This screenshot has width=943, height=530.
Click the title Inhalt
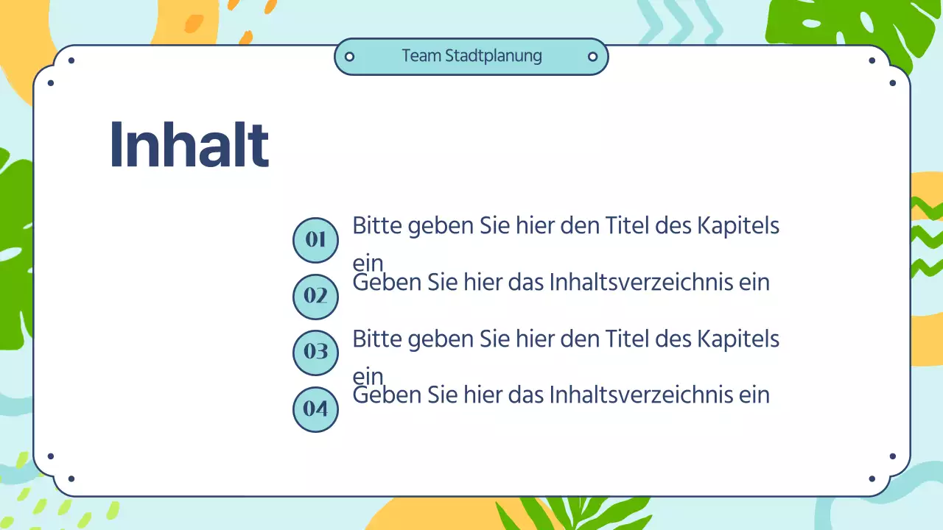click(x=189, y=145)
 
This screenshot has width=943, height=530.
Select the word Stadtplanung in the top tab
click(x=494, y=56)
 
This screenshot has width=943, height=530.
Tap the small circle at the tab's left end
click(x=350, y=57)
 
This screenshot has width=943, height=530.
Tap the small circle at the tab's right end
click(x=592, y=57)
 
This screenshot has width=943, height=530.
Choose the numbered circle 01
click(x=315, y=240)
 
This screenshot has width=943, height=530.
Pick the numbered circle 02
click(x=315, y=296)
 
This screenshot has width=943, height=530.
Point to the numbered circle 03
click(x=315, y=352)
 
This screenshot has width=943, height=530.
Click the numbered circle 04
click(x=315, y=409)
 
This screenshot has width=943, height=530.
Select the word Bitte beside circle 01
click(x=376, y=225)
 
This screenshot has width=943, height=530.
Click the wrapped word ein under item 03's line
click(x=368, y=376)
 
